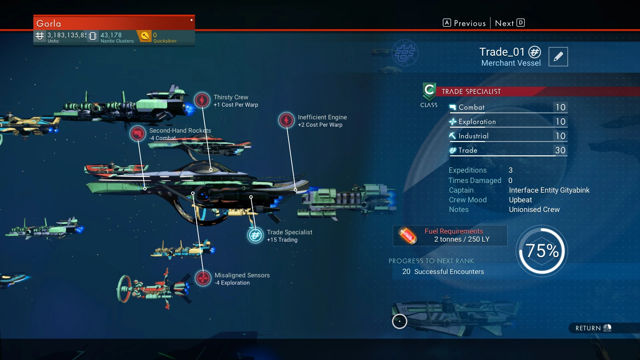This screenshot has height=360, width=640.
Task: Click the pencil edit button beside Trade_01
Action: (x=558, y=57)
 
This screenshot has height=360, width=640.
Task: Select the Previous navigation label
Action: (x=470, y=23)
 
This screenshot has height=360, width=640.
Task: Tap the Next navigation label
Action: (x=504, y=23)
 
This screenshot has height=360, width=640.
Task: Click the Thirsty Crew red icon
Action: (x=202, y=100)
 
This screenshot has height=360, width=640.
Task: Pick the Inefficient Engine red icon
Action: (x=286, y=120)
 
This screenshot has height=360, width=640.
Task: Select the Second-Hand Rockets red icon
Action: (x=138, y=134)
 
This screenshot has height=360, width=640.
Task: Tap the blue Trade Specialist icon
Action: (x=255, y=235)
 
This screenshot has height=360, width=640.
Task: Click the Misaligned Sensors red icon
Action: (x=203, y=278)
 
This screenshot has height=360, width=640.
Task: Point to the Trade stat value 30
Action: (x=560, y=150)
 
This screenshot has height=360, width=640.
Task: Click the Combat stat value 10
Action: (x=560, y=107)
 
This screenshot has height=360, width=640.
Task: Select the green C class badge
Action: (x=429, y=91)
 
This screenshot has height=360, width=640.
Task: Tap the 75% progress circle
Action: (x=542, y=251)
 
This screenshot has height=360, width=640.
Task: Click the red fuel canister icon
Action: (x=407, y=235)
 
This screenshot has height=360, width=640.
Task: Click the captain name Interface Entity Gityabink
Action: (x=549, y=190)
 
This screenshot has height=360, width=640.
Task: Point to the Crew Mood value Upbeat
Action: (x=520, y=200)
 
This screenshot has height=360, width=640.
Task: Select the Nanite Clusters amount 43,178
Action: (x=111, y=35)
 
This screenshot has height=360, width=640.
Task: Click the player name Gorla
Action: (x=49, y=24)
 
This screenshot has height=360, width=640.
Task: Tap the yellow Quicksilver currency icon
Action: (x=145, y=36)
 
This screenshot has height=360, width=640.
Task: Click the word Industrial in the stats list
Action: (x=473, y=136)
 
